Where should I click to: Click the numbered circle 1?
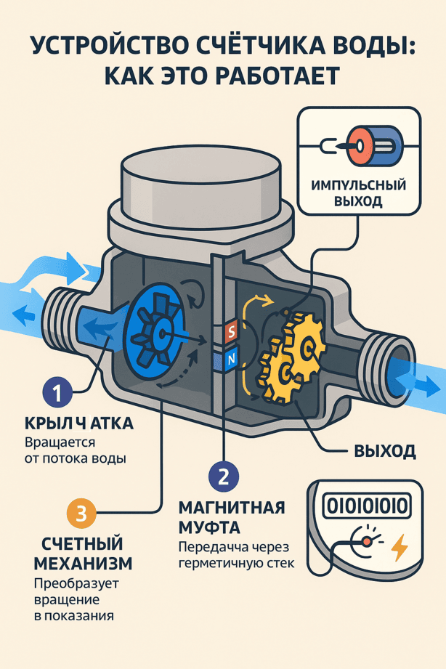(x=57, y=392)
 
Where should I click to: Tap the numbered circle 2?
(x=223, y=477)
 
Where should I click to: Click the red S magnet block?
(x=231, y=331)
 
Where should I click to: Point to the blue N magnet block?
(x=231, y=360)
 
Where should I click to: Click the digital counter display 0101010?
(x=367, y=506)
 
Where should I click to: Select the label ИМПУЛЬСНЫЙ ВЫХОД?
(x=359, y=192)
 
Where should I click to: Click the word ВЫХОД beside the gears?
(x=385, y=451)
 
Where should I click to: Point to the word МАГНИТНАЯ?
(x=232, y=508)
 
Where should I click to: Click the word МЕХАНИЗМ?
(x=83, y=564)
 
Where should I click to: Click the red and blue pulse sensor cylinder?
(x=374, y=146)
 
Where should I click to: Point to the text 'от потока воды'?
(x=75, y=458)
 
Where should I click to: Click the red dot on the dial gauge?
(x=366, y=541)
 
